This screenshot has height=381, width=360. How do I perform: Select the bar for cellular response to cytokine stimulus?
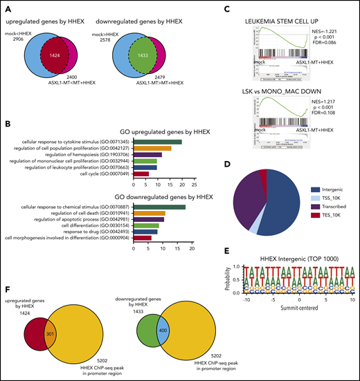157,142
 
